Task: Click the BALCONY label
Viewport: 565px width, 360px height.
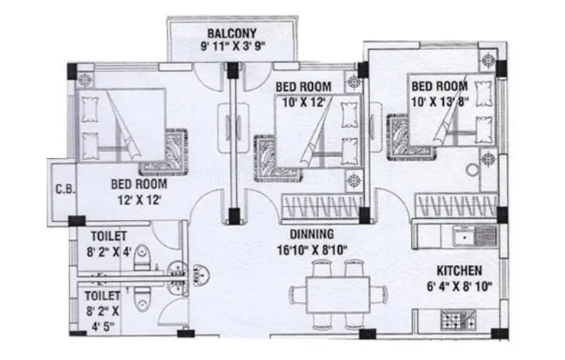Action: (232, 33)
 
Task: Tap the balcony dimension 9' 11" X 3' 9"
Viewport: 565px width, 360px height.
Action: (233, 46)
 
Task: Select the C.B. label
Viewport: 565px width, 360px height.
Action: (66, 189)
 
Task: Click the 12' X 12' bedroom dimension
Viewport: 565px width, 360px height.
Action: (139, 200)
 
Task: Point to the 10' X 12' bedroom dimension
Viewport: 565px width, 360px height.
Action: (304, 103)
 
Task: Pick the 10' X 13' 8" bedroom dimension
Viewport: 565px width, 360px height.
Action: (440, 102)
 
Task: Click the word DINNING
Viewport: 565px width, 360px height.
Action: (312, 234)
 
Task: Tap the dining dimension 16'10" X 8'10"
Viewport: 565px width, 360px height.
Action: (312, 250)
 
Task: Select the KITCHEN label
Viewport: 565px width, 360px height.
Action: (459, 270)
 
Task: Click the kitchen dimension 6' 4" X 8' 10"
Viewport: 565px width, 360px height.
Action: (459, 286)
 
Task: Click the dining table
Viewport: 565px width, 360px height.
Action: (338, 295)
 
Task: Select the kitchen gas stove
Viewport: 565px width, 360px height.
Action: (458, 320)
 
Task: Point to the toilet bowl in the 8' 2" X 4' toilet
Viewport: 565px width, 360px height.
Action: (142, 258)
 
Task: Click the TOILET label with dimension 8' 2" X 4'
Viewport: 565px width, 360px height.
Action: (108, 236)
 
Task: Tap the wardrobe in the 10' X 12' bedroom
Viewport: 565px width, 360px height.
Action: (322, 206)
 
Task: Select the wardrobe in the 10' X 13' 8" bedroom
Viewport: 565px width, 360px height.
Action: (456, 206)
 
